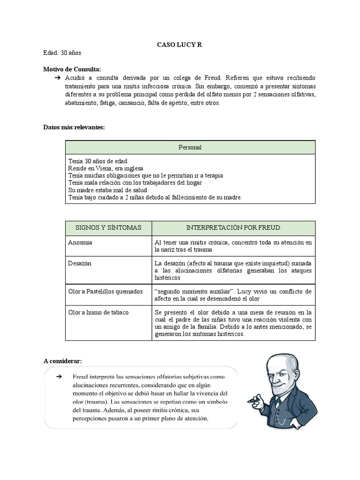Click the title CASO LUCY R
[180, 45]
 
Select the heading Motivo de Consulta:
[72, 69]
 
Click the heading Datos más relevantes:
[74, 127]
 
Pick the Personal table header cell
[190, 147]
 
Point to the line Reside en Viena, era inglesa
[105, 168]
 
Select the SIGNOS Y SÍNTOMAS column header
[108, 228]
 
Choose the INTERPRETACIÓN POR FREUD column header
[233, 228]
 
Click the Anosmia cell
[80, 243]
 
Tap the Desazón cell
[80, 263]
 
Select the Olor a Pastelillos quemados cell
[105, 292]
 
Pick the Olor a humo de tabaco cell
[98, 312]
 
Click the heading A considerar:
[62, 361]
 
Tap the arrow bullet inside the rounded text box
[59, 377]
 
